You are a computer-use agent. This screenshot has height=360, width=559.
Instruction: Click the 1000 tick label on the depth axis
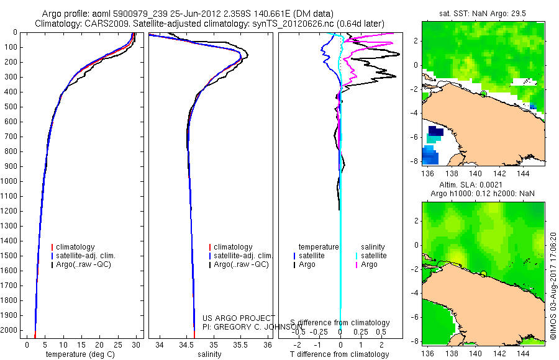(x=10, y=181)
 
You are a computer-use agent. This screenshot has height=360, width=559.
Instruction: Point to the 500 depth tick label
(x=12, y=107)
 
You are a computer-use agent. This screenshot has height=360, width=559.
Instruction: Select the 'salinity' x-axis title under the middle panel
(x=209, y=354)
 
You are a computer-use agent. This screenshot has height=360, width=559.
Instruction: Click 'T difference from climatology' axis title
(x=339, y=354)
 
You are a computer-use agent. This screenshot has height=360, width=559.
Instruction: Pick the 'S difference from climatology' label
(x=340, y=323)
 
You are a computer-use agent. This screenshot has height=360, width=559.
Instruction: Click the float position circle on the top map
(x=483, y=93)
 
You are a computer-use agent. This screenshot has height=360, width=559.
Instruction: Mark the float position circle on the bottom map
(x=483, y=274)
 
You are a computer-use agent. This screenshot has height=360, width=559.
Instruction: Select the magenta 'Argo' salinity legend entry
(x=369, y=264)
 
